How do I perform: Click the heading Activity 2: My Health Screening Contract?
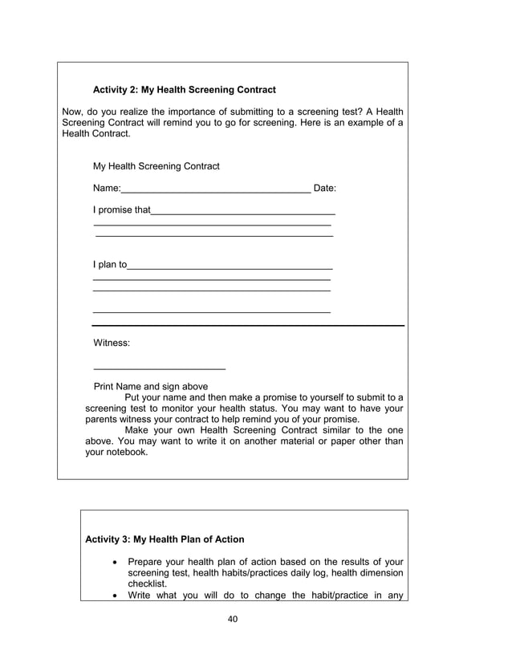tap(185, 90)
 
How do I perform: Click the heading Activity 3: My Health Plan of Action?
tap(165, 539)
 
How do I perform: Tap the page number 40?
tap(233, 619)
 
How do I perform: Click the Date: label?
tap(324, 189)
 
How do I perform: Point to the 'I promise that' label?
tap(121, 210)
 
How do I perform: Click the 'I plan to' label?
tap(110, 264)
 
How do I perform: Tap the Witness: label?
tap(112, 343)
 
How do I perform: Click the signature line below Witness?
tap(160, 368)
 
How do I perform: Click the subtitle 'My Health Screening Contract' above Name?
tap(156, 166)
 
